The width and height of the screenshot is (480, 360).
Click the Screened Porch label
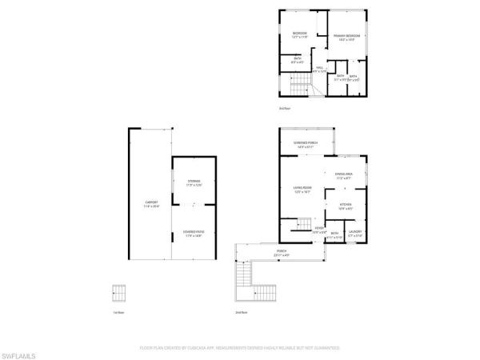pos(306,144)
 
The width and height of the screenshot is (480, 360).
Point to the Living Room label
pos(302,190)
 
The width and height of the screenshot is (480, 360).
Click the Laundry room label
pos(355,234)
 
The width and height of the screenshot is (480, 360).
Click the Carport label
pos(152,204)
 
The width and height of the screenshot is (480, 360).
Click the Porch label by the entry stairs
pos(282,254)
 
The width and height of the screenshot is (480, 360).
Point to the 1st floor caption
pos(118,312)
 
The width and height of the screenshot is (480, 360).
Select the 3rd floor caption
pos(283,107)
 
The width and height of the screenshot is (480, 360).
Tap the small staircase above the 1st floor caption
pos(119,293)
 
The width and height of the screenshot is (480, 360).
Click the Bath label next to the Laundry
pos(334,235)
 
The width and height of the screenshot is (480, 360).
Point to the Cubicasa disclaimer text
pos(239,349)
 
